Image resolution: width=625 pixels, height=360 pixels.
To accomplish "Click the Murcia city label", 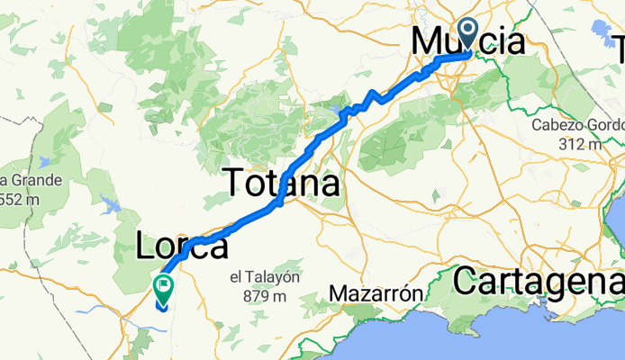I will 468,42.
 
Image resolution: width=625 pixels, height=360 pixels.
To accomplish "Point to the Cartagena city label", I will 538,282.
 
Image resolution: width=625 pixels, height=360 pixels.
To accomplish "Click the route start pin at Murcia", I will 469,34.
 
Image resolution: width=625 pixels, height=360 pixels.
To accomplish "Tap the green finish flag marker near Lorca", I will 164,291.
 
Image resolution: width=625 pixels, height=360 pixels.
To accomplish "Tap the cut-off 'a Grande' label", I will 32,180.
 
